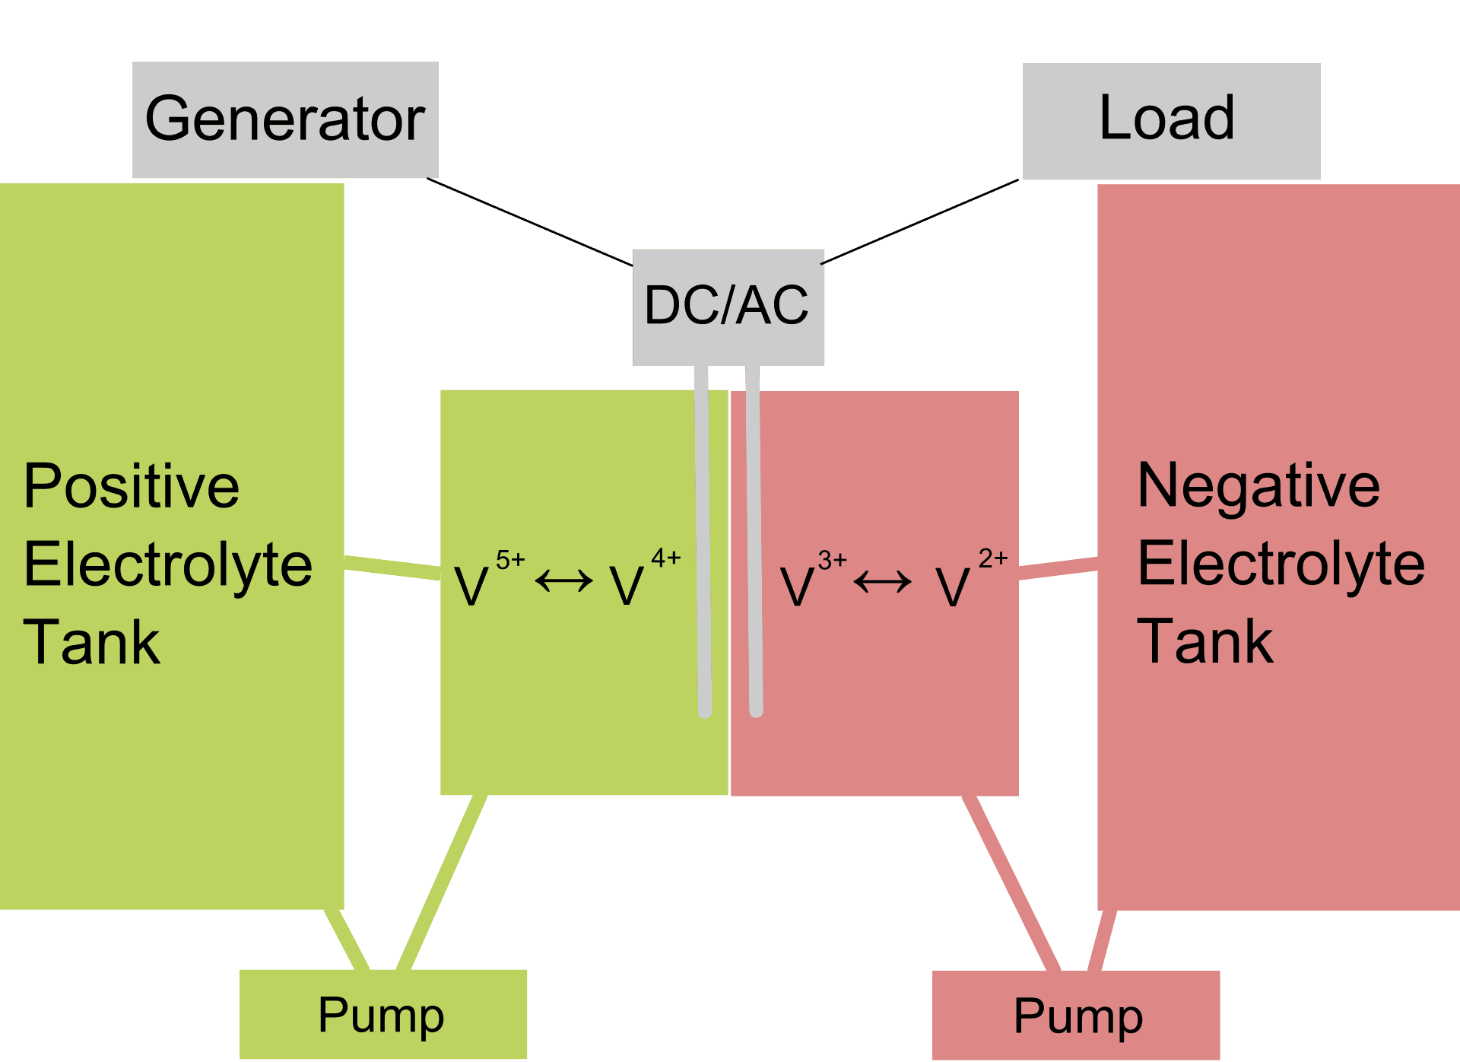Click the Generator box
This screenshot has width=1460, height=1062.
(x=285, y=119)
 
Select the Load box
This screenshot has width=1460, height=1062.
(x=1171, y=121)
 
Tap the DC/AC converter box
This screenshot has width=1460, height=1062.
(x=728, y=307)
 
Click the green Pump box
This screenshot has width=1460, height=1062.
(x=383, y=1014)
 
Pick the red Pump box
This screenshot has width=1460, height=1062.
(x=1076, y=1016)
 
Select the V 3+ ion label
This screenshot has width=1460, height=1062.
(x=813, y=580)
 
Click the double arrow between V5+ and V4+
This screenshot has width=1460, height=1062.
(x=564, y=582)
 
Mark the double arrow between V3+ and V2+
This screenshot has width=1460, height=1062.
(x=883, y=583)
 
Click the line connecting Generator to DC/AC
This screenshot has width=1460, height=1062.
(x=530, y=222)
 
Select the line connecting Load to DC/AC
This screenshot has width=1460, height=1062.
(x=919, y=221)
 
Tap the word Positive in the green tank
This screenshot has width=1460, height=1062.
(x=132, y=487)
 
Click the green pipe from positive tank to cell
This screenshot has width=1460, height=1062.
(x=392, y=568)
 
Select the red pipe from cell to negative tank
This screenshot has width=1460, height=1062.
(x=1058, y=568)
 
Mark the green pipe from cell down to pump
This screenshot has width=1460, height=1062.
(x=442, y=882)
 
